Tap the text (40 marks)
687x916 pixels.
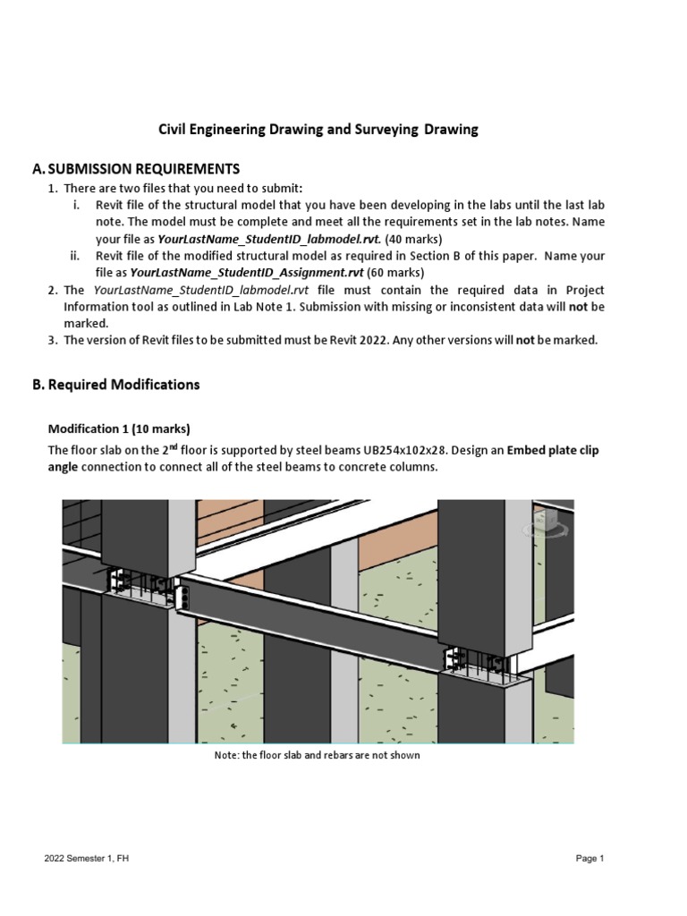point(413,240)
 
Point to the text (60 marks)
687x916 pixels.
point(395,273)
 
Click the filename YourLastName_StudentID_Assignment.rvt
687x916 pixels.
point(246,273)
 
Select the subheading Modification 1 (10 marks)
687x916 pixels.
point(119,428)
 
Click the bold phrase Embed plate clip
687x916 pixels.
point(553,451)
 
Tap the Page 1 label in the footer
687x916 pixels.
point(590,859)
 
